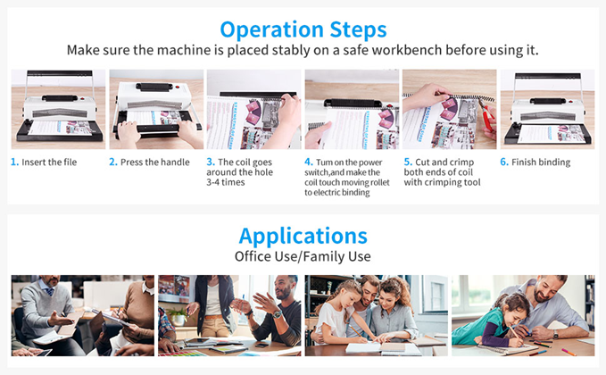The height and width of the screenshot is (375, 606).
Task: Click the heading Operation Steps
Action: [303, 29]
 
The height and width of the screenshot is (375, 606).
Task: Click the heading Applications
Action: [303, 236]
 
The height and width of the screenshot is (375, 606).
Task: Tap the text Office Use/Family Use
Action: [303, 256]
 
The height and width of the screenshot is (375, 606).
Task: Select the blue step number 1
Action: [14, 162]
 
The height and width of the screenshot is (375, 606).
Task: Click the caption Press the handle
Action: [155, 162]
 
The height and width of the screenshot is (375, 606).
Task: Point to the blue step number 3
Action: [211, 162]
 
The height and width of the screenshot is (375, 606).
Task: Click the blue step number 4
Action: [309, 162]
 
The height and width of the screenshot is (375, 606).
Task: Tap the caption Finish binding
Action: [541, 162]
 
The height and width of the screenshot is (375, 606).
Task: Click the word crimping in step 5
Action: [442, 182]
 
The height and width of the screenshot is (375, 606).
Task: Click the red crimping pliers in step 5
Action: [486, 115]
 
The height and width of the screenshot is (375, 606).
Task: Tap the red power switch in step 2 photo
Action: [178, 87]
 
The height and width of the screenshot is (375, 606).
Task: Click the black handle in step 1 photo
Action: [60, 98]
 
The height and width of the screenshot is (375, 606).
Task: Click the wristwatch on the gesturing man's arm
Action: [277, 314]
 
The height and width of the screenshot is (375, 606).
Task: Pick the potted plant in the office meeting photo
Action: [178, 316]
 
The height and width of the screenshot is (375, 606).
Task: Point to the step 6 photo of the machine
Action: [547, 109]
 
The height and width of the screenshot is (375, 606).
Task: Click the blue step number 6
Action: [504, 162]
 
